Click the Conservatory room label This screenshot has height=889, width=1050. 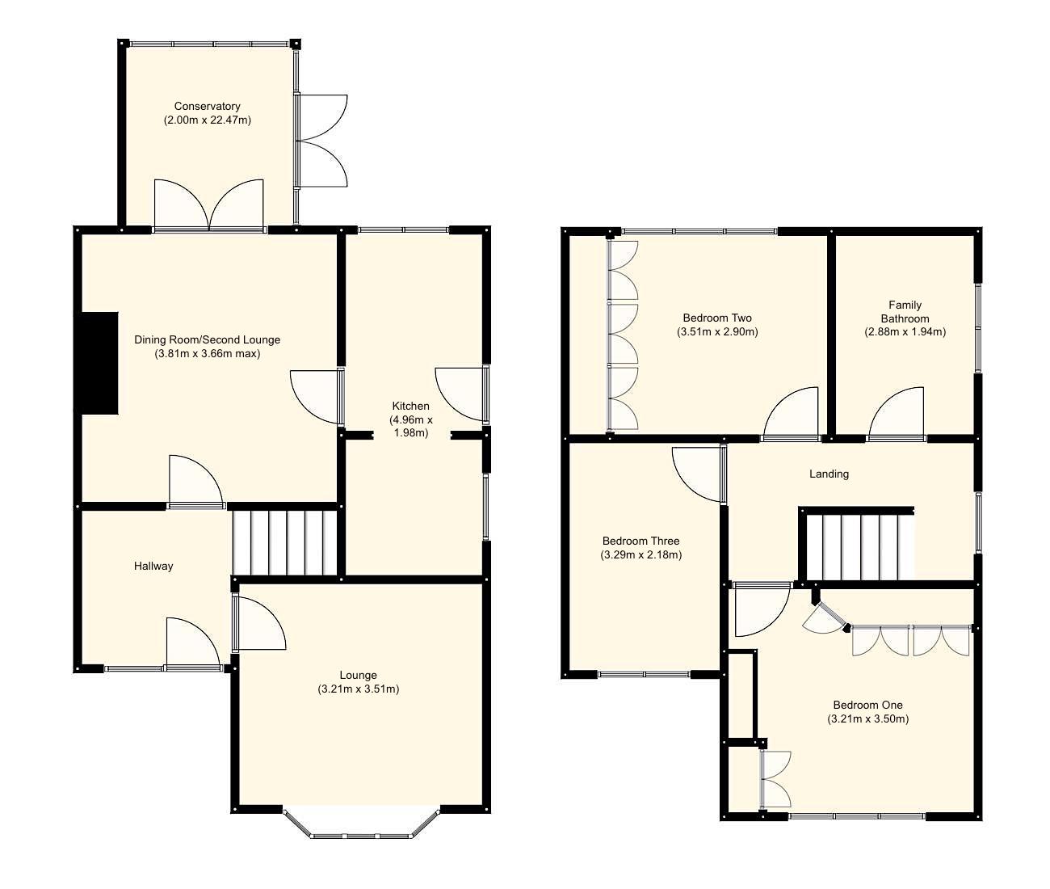(x=207, y=106)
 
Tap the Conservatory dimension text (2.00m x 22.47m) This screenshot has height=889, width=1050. (x=207, y=120)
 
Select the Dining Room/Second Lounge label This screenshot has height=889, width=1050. (x=207, y=339)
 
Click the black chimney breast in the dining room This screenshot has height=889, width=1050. (x=97, y=364)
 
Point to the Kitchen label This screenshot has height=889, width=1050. (x=411, y=406)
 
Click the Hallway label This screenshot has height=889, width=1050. (x=153, y=566)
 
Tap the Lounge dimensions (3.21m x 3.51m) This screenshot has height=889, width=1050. (x=359, y=689)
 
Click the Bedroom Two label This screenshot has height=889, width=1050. (x=717, y=318)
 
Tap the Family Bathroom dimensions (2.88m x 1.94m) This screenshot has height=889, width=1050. (x=905, y=331)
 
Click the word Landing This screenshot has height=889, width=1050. (x=829, y=474)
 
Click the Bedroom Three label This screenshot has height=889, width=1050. (x=640, y=541)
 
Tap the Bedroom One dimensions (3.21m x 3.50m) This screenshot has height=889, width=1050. (x=868, y=718)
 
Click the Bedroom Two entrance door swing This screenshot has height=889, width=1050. (x=793, y=415)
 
